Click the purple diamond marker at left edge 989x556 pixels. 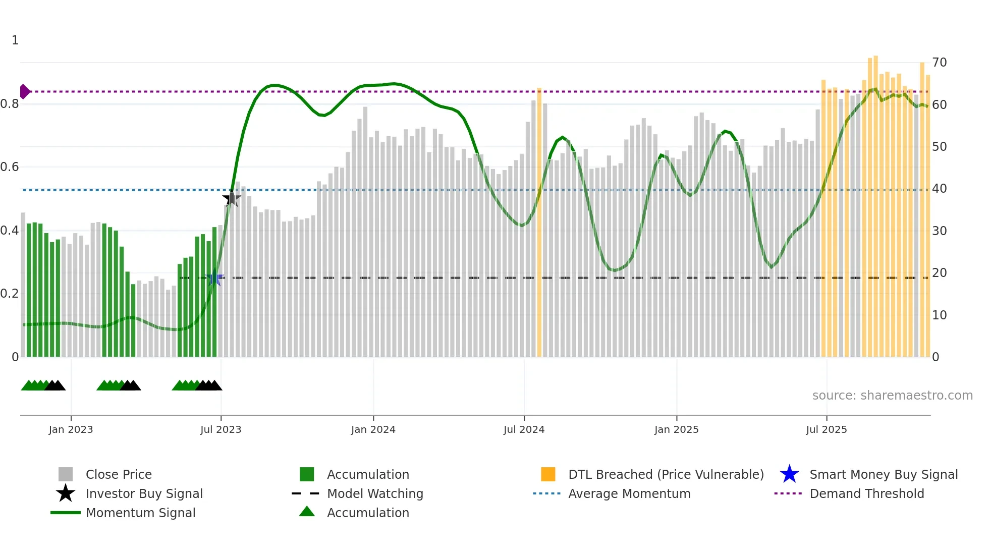coord(24,91)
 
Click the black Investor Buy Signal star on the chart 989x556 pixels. coord(232,199)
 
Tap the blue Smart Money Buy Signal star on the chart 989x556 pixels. coord(215,278)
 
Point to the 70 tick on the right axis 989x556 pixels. coord(939,63)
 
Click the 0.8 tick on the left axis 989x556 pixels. coord(10,104)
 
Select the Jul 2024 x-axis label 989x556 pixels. coord(524,429)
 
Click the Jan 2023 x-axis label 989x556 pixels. coord(71,429)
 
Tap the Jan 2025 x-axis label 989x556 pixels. coord(676,429)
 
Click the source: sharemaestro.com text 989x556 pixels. coord(892,396)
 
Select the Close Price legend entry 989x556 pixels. coord(118,474)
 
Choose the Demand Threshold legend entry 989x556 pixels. coord(866,493)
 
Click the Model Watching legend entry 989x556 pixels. coord(374,493)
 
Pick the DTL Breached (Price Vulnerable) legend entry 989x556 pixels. coord(666,474)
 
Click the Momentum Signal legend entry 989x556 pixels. coord(140,513)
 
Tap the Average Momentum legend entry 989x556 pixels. coord(629,493)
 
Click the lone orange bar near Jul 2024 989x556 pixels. coord(539,222)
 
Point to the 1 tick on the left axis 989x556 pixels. coord(15,40)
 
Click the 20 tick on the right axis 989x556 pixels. coord(939,273)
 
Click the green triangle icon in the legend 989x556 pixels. coord(307,512)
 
